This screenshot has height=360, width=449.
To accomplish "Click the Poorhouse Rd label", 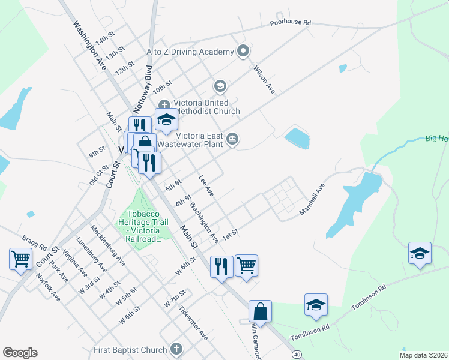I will (290, 22).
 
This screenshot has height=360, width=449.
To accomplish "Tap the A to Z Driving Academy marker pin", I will (243, 52).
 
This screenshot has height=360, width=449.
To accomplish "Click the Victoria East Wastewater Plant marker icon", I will (233, 140).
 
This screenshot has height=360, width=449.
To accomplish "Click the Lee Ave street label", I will (206, 185).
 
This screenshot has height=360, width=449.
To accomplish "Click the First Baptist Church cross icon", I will (176, 349).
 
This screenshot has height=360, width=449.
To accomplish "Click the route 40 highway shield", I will (297, 355).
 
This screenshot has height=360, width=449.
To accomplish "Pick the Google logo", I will (20, 353).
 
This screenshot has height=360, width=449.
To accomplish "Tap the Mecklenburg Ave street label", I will (108, 245).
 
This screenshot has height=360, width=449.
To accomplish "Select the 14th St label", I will (104, 38).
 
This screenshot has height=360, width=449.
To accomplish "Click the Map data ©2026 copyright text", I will (423, 355).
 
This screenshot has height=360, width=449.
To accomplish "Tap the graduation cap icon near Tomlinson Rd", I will (316, 305).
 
